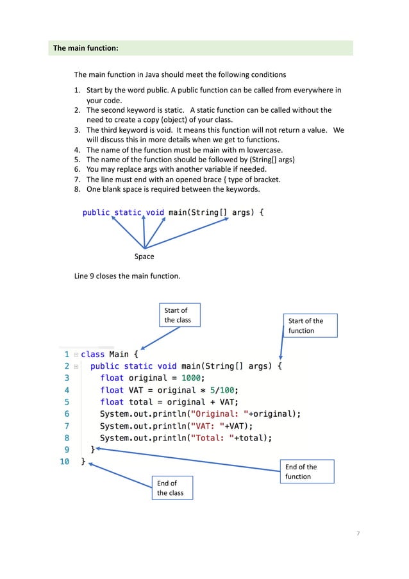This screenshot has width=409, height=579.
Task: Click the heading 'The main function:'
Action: (85, 48)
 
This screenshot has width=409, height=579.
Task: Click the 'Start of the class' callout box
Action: (180, 315)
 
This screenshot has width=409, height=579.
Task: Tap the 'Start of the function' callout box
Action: (310, 326)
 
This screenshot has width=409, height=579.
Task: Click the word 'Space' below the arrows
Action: (144, 256)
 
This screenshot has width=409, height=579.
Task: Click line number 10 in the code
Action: (65, 462)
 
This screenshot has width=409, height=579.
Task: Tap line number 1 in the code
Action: (67, 354)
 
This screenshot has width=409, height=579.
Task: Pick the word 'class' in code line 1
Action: (93, 354)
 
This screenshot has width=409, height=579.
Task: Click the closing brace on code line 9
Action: (93, 450)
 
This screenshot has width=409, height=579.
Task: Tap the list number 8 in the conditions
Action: (77, 189)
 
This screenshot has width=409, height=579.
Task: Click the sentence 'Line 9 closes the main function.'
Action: (128, 276)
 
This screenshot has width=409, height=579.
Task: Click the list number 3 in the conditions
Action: (77, 130)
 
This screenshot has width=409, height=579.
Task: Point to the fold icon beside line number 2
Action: (76, 367)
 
